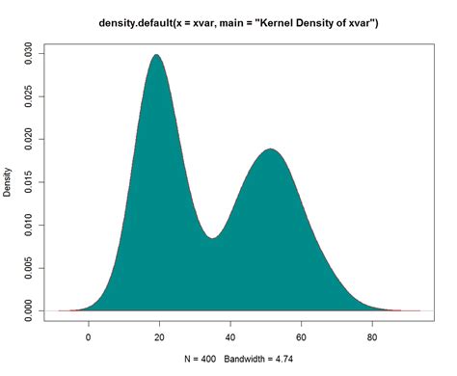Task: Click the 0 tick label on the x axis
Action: tap(89, 338)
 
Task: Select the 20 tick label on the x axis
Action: tap(160, 338)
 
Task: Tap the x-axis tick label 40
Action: tap(230, 338)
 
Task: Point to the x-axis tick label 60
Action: tap(302, 338)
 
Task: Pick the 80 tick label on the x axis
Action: tap(372, 338)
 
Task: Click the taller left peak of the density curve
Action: tap(155, 56)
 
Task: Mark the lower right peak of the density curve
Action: tap(270, 149)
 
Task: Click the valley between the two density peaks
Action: tap(213, 237)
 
